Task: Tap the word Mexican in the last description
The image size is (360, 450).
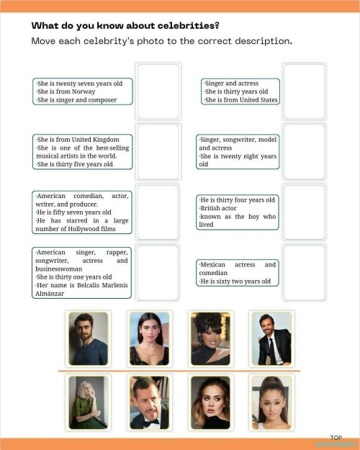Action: (x=213, y=265)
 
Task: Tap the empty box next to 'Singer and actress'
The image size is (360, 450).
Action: (x=304, y=91)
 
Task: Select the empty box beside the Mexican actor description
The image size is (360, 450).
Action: (x=304, y=271)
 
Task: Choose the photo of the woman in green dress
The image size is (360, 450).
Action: (x=87, y=402)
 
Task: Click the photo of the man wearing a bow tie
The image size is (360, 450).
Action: (x=149, y=402)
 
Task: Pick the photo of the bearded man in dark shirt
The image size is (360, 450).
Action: (x=88, y=338)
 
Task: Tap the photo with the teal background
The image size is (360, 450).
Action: (x=149, y=338)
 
